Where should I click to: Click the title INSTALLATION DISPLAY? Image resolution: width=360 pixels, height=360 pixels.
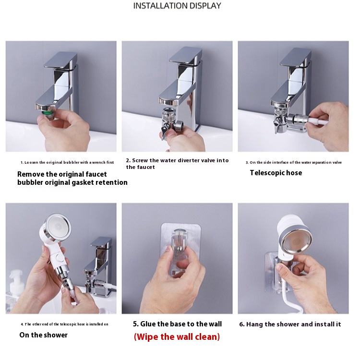177,6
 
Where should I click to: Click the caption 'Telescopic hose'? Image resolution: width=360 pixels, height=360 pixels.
276,173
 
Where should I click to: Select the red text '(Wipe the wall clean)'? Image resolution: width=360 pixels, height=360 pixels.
177,336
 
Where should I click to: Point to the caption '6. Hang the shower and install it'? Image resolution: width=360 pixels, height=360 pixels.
290,324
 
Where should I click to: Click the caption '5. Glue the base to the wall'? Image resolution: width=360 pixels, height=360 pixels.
177,324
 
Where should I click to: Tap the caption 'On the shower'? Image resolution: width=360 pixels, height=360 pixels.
43,335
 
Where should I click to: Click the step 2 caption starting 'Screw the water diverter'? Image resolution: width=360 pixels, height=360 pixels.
177,164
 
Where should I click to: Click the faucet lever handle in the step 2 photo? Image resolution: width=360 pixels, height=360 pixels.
186,56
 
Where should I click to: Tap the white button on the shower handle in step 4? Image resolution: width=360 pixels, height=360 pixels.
60,259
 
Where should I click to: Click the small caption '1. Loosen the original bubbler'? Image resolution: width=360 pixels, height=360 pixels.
67,163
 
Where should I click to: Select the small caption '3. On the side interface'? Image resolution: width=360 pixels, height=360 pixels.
294,163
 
